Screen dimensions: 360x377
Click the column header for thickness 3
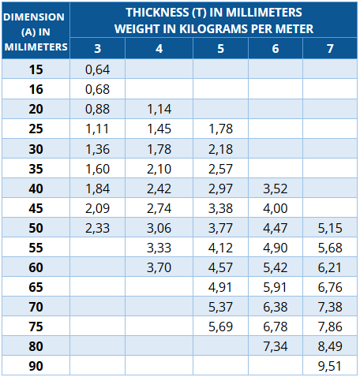pos(98,49)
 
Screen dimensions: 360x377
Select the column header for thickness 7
pos(330,49)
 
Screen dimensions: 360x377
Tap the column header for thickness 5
pos(220,49)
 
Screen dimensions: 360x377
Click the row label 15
pos(36,69)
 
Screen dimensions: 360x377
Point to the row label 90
pos(36,366)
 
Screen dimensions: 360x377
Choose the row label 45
pos(36,208)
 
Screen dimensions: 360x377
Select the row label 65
pos(36,287)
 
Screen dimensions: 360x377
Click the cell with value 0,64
pos(97,69)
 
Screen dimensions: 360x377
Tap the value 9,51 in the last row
pos(330,366)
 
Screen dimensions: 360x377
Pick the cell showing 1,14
pos(159,109)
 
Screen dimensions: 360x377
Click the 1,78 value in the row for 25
pos(220,129)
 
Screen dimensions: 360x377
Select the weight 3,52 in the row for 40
pos(276,188)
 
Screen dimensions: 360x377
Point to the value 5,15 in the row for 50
pos(330,228)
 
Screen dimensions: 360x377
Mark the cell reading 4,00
pos(276,208)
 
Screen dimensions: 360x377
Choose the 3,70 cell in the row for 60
pos(159,267)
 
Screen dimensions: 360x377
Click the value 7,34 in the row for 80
pos(276,346)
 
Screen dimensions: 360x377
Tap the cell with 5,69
pos(220,327)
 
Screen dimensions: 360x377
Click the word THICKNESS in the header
pos(157,13)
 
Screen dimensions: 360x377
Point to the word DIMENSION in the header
pos(34,17)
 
